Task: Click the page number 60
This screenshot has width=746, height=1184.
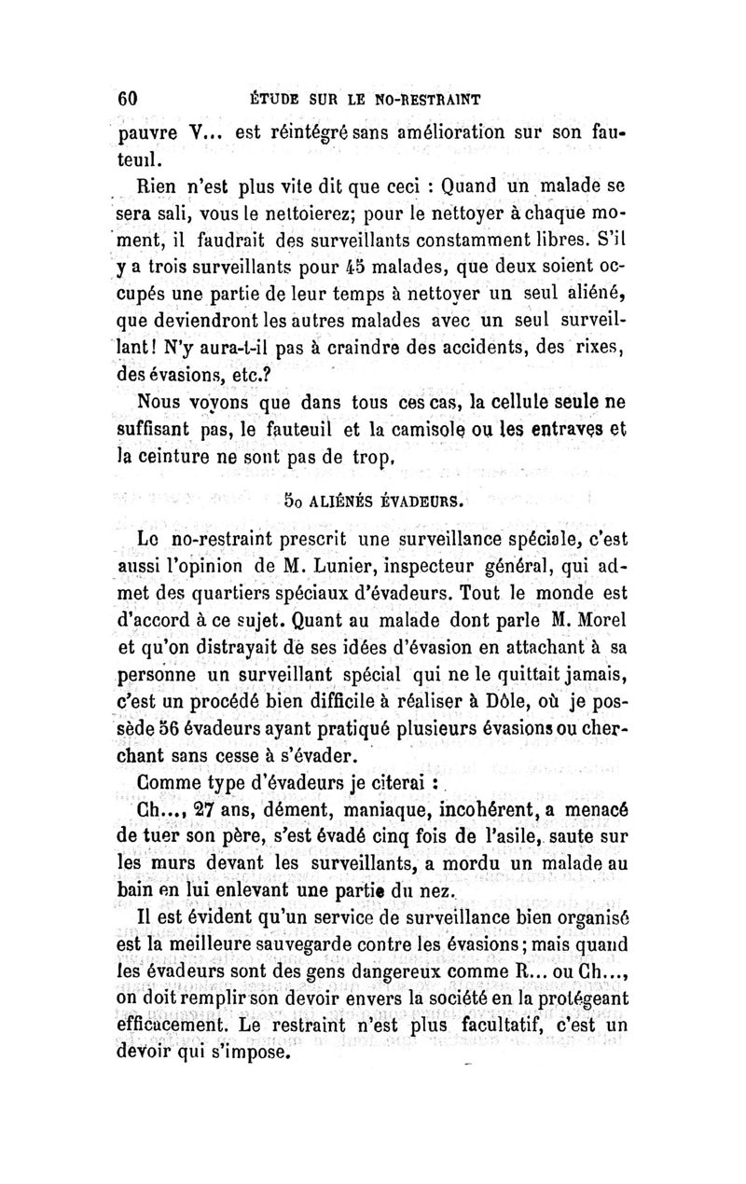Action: coord(128,98)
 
